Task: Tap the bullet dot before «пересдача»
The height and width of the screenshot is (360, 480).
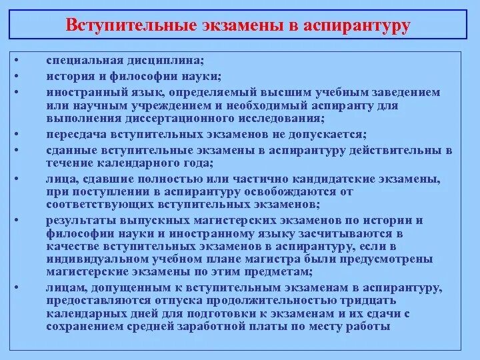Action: coord(17,133)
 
